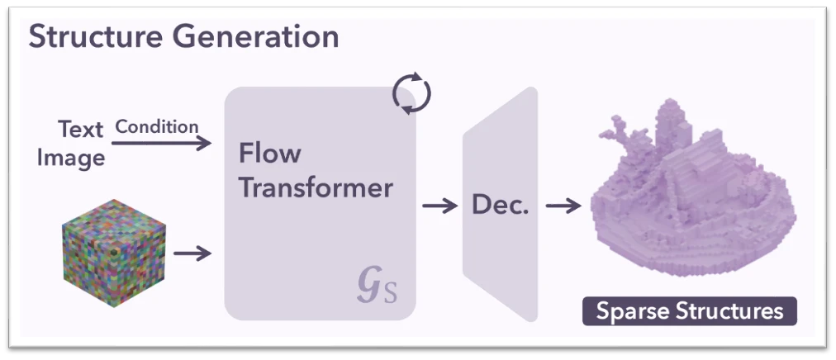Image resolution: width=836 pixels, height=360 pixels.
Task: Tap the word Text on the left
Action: click(x=81, y=130)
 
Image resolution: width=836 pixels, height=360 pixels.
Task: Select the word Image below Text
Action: click(x=71, y=157)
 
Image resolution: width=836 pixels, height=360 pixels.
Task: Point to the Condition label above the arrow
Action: click(x=157, y=126)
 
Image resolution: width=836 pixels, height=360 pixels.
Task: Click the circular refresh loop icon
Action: click(x=411, y=92)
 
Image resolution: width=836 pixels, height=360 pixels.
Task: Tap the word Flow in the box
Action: click(x=269, y=154)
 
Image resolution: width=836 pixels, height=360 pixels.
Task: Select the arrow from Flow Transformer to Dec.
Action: click(x=439, y=206)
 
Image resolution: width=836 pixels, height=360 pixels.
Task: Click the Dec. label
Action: click(x=500, y=205)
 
